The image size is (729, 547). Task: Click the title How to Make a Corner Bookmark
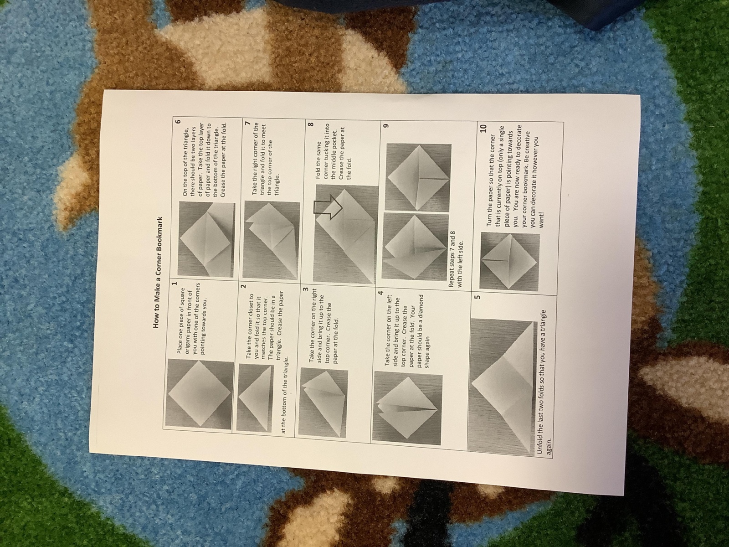click(157, 273)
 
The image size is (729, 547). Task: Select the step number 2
click(243, 286)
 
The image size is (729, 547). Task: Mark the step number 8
click(311, 124)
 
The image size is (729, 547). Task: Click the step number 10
click(483, 128)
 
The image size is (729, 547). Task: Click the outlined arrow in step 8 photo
click(328, 207)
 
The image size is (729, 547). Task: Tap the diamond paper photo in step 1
click(199, 395)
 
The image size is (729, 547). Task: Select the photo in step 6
click(206, 241)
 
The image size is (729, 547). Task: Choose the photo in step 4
click(408, 409)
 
